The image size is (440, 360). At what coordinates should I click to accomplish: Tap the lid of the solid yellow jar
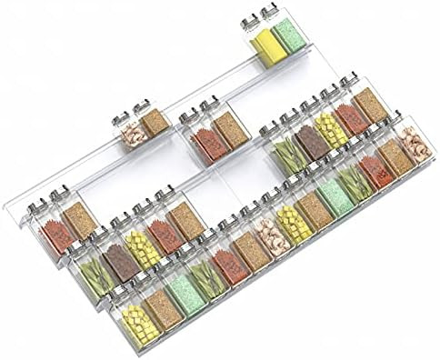[249, 21]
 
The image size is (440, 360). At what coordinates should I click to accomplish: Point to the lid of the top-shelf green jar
[270, 13]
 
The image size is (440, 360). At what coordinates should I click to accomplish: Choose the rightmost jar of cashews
[415, 145]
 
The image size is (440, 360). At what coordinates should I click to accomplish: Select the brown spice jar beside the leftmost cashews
[155, 125]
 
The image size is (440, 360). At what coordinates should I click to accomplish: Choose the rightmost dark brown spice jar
[310, 142]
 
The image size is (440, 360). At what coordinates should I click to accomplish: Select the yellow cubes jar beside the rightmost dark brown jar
[331, 133]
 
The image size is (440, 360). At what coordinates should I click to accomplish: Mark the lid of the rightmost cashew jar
[399, 121]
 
